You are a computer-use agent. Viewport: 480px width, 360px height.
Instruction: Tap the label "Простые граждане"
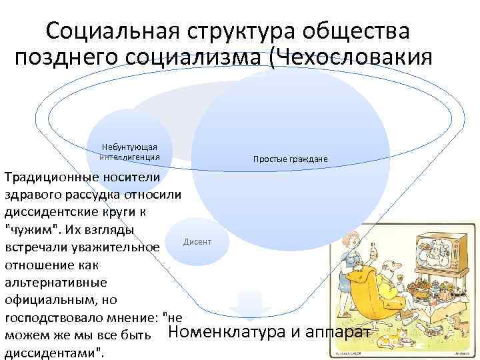pyautogui.click(x=290, y=159)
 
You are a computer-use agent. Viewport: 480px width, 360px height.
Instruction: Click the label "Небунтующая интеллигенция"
pyautogui.click(x=129, y=151)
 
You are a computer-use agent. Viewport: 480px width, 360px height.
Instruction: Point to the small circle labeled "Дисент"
pyautogui.click(x=197, y=241)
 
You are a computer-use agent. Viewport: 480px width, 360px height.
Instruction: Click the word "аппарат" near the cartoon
pyautogui.click(x=343, y=333)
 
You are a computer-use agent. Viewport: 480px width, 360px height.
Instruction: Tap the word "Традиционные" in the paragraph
pyautogui.click(x=49, y=177)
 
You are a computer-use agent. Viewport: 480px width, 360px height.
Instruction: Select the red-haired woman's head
pyautogui.click(x=351, y=239)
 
